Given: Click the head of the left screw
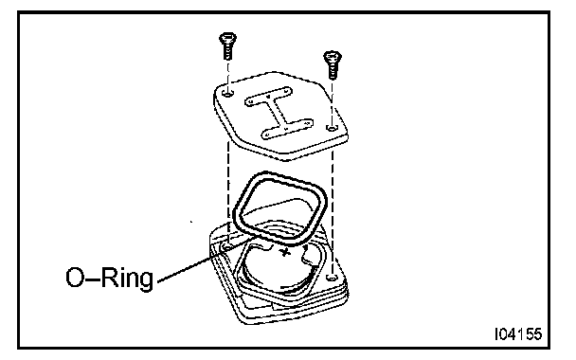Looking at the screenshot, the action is click(x=227, y=38).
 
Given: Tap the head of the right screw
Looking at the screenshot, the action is click(x=333, y=57).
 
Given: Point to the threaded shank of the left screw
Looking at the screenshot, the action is click(x=227, y=52).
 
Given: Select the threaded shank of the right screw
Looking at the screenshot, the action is click(x=333, y=71).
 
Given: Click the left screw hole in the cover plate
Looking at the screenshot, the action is click(x=228, y=93).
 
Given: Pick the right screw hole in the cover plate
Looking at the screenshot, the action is click(x=333, y=128).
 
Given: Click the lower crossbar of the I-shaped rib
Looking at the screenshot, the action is click(x=287, y=129).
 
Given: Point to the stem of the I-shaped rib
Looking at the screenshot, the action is click(x=278, y=113).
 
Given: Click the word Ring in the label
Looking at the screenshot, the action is click(x=127, y=279).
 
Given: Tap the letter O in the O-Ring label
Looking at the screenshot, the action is click(x=75, y=278).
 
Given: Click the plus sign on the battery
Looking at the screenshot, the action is click(x=285, y=252).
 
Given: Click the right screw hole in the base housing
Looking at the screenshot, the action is click(x=332, y=277).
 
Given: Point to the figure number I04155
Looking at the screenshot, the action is click(x=518, y=333).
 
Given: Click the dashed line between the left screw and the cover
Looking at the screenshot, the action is click(x=228, y=76).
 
